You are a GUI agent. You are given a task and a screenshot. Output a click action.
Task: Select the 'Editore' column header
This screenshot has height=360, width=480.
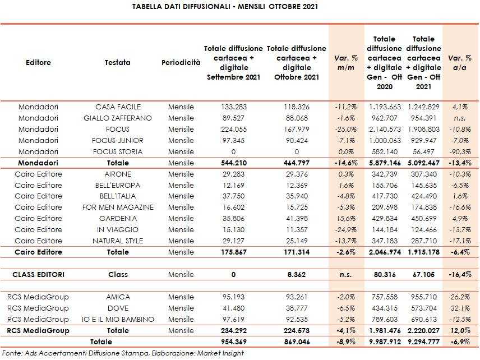(x=38, y=62)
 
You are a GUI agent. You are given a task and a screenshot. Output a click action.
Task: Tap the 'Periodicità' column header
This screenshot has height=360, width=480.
(x=181, y=62)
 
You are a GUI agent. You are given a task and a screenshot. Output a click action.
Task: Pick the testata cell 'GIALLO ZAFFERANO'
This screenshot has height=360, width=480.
(x=118, y=118)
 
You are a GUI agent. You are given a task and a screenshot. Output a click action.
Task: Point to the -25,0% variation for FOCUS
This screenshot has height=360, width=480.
(x=346, y=129)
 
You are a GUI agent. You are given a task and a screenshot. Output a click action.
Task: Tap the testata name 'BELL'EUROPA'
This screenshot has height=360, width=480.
(x=118, y=185)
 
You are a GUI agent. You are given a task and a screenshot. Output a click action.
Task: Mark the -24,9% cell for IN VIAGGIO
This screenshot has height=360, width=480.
(x=346, y=230)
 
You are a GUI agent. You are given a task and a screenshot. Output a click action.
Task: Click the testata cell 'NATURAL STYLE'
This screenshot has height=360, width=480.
(x=118, y=241)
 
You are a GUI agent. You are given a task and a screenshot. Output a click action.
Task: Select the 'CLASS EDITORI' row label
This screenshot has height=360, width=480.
(x=38, y=275)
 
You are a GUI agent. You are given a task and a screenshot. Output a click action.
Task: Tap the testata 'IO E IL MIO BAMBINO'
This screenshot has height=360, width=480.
(x=118, y=319)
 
